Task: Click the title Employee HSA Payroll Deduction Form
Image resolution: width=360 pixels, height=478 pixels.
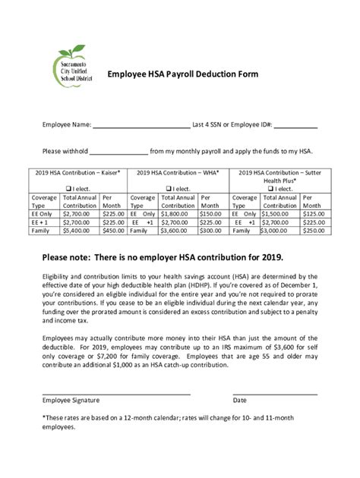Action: (182, 75)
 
